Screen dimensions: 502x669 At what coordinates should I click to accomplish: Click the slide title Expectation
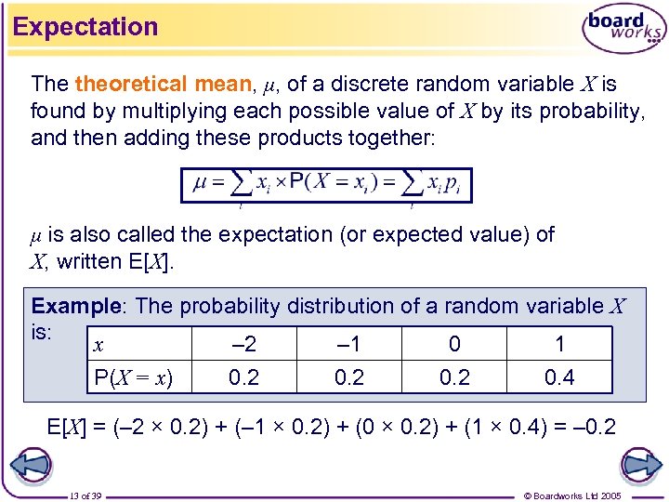85,27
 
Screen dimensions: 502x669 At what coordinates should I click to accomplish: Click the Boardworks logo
623,30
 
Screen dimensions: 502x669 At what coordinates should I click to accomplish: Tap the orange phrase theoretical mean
164,84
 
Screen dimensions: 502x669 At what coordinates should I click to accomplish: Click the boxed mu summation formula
326,184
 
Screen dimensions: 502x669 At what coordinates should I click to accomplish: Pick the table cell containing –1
348,344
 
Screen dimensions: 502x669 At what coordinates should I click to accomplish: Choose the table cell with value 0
454,344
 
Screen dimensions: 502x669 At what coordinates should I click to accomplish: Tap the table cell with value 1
559,344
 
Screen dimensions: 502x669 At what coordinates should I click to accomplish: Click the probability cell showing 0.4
559,376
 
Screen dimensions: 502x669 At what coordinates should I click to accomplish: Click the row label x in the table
98,344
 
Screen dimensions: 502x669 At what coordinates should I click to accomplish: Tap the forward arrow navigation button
639,464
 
